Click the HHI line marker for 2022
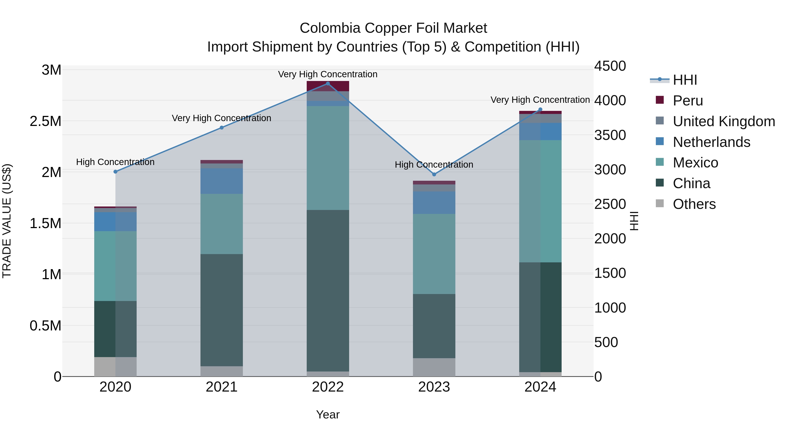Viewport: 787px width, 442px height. click(x=328, y=84)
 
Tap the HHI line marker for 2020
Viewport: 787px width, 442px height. click(x=115, y=172)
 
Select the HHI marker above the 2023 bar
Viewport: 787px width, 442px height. click(x=434, y=174)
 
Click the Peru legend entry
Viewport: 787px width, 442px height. click(x=687, y=101)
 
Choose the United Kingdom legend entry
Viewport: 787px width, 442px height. click(x=723, y=121)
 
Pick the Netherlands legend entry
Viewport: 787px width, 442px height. click(x=711, y=142)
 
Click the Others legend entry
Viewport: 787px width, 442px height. click(x=694, y=204)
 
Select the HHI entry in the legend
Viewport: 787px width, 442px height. click(x=685, y=80)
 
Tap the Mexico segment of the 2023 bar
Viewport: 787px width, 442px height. click(x=434, y=254)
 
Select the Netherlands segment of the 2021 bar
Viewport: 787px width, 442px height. click(x=221, y=181)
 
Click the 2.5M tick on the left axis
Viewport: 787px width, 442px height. click(x=45, y=121)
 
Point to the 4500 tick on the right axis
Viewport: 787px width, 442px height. click(x=610, y=66)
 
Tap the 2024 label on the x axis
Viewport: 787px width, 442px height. click(x=540, y=387)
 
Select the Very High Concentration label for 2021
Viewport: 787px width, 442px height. click(x=221, y=118)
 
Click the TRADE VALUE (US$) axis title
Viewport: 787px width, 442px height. click(x=7, y=221)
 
